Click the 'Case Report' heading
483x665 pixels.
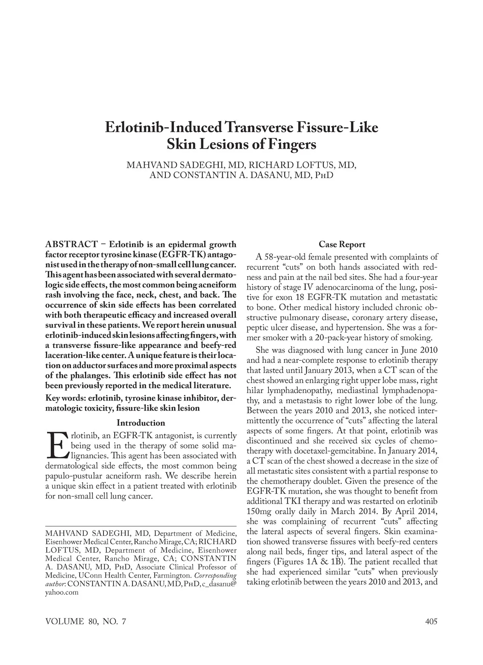(x=342, y=245)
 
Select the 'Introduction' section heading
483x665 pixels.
(x=140, y=423)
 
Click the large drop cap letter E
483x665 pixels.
(x=57, y=446)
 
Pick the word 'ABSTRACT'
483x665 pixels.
(x=72, y=245)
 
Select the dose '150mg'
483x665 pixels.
(x=258, y=511)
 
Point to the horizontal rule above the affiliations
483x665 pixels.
(x=140, y=526)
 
